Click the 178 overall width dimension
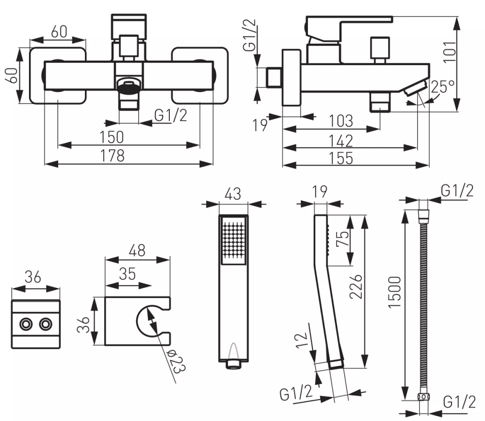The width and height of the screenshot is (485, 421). point(113,155)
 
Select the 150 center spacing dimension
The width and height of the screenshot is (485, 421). point(112,137)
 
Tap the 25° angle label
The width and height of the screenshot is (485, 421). point(443,87)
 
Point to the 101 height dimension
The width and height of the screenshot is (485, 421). point(450,52)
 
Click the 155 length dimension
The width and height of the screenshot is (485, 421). point(340,158)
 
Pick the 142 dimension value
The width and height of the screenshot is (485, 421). point(340,141)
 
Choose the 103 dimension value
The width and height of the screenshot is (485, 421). point(340,121)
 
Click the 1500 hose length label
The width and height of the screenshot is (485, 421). point(395,292)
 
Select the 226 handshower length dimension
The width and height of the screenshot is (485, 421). point(356,286)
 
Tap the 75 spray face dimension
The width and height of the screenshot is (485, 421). point(342,238)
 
